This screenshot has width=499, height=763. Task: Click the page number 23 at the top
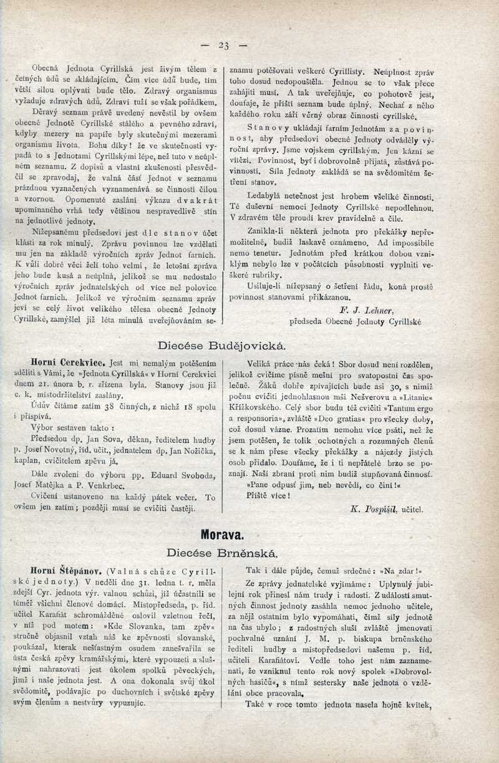[x=225, y=45]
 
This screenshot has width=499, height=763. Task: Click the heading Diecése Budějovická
[x=222, y=345]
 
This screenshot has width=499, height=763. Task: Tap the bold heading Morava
[x=222, y=534]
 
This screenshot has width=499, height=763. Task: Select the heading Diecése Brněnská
[x=222, y=552]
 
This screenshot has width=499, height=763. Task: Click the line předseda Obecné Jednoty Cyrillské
[x=355, y=322]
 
